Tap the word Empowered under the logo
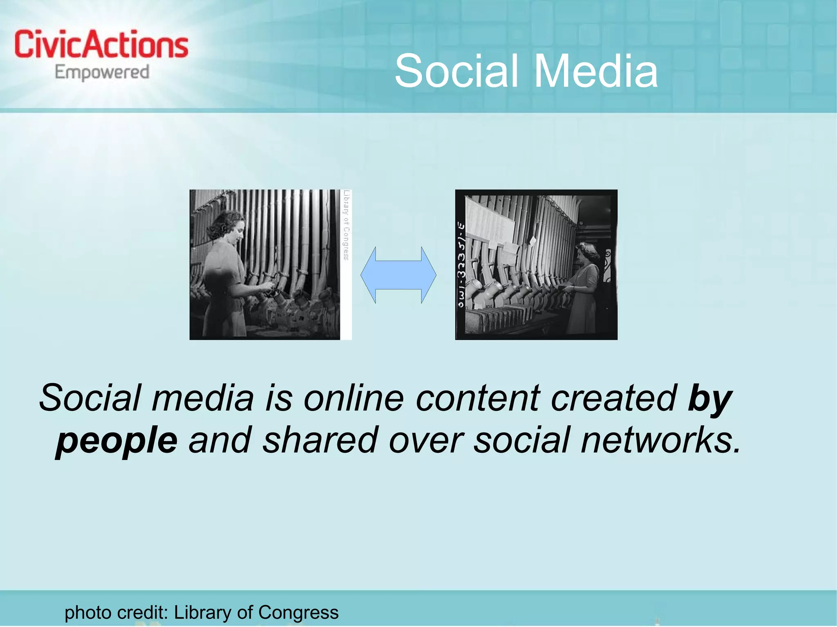tap(102, 72)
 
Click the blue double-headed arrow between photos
tap(398, 275)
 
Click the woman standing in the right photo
tap(585, 286)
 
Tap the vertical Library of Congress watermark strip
tap(346, 225)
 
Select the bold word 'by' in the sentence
tap(710, 398)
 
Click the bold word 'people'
tap(116, 441)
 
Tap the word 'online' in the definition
tap(354, 398)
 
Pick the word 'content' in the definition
tap(478, 398)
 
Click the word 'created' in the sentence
tap(613, 398)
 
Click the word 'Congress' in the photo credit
tap(298, 612)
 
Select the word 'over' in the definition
tap(425, 441)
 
